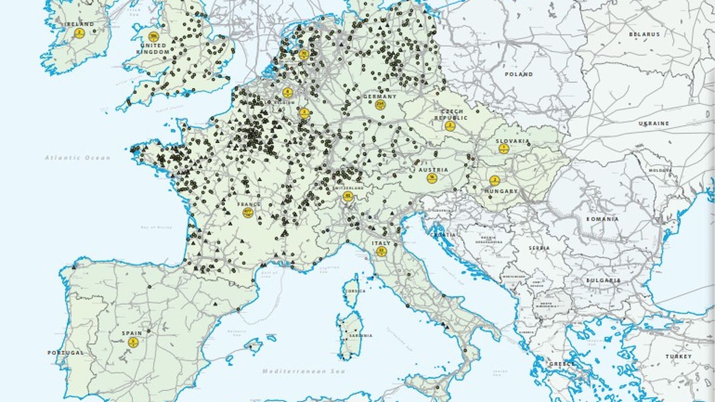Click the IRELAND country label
(80, 24)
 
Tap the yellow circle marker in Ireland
(80, 33)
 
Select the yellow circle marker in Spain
(133, 343)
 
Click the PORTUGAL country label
(66, 353)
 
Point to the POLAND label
(519, 75)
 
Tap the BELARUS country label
(644, 34)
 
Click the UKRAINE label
(653, 123)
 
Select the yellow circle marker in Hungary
(494, 181)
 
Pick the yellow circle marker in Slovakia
(504, 149)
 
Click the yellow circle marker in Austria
(432, 178)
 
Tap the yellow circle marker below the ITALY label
(381, 251)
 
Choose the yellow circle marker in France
(248, 212)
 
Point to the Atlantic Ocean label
(77, 158)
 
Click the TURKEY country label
(678, 356)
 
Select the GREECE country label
(562, 364)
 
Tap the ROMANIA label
(602, 219)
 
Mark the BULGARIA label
(604, 281)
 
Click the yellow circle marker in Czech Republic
(450, 126)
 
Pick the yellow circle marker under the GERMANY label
(380, 105)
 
